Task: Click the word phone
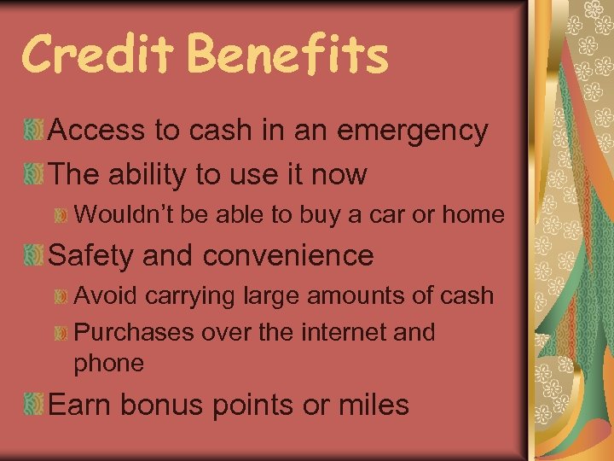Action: pos(109,364)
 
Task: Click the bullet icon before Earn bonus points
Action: pos(35,404)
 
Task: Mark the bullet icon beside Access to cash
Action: pos(35,131)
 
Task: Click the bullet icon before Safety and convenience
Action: pos(35,255)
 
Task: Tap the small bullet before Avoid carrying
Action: pos(61,296)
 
